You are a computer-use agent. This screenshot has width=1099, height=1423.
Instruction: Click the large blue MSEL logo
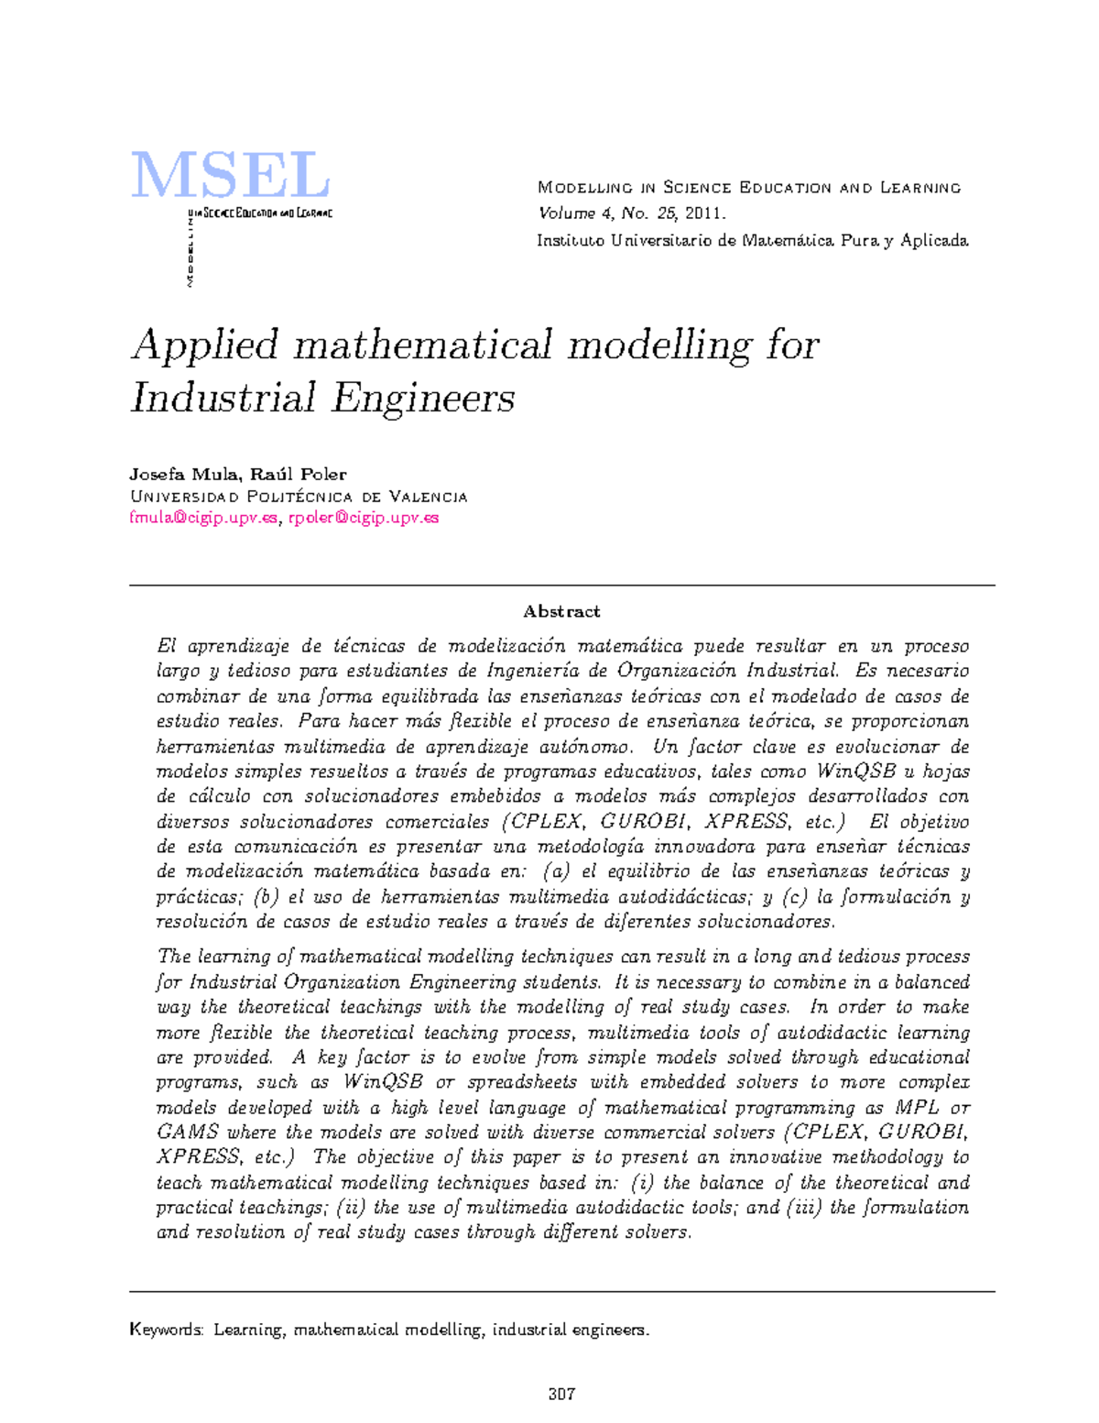[x=230, y=176]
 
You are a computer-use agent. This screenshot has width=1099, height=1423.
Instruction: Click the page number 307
[x=561, y=1395]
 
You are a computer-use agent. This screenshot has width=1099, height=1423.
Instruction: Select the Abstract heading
[x=561, y=611]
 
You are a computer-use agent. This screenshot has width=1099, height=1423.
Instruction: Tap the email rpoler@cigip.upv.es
[x=364, y=518]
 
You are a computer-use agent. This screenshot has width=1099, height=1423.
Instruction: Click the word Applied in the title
[x=205, y=346]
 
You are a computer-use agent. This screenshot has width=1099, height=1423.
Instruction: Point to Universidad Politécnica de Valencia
[x=299, y=497]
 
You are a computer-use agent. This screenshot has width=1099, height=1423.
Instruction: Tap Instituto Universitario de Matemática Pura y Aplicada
[x=752, y=240]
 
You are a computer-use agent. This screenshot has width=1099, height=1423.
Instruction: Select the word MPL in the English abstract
[x=916, y=1107]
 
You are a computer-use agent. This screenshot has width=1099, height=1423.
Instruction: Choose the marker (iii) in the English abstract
[x=803, y=1207]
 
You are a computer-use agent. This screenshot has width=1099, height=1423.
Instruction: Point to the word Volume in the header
[x=566, y=213]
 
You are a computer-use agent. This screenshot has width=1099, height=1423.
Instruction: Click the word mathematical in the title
[x=423, y=346]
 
